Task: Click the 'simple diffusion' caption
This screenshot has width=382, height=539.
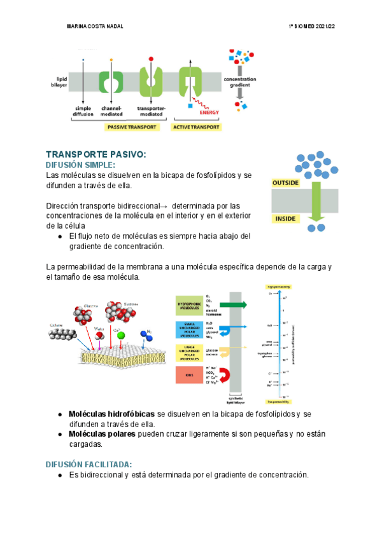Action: [x=84, y=111]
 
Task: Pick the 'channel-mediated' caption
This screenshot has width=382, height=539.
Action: [x=112, y=111]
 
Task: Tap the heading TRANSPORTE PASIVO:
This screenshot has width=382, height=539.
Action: [x=96, y=154]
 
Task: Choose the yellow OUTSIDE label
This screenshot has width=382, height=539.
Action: [x=286, y=182]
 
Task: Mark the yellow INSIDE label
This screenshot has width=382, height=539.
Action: [x=283, y=219]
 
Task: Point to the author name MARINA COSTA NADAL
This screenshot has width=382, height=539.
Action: [x=96, y=27]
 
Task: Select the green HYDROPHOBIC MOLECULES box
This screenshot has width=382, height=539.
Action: [x=188, y=306]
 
